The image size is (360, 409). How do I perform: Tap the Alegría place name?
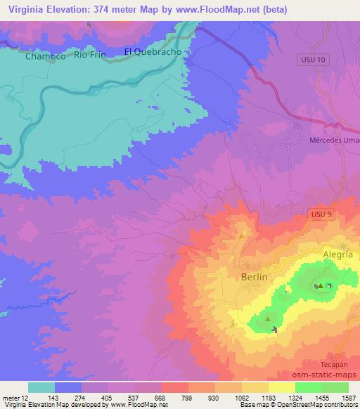(337, 255)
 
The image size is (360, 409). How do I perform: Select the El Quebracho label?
(153, 51)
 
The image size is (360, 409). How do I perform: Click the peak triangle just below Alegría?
(320, 285)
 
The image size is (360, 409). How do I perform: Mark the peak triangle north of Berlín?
(243, 235)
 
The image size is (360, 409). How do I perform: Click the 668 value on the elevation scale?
(160, 397)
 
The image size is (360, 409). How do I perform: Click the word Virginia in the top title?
(22, 9)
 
